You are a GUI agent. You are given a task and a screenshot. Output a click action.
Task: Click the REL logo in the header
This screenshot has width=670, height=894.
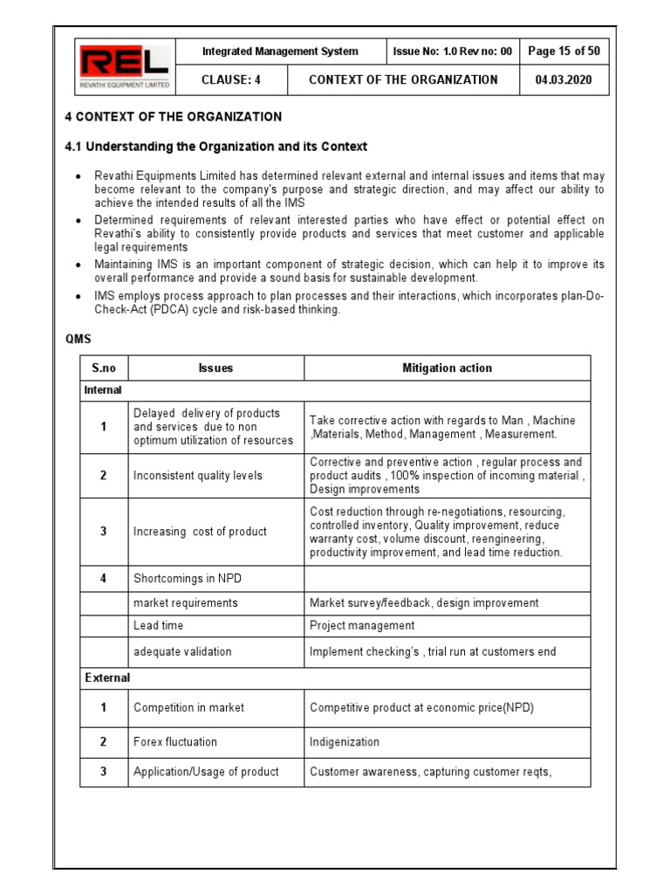coord(126,66)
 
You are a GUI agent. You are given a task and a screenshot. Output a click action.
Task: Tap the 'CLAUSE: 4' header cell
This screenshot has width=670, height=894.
coord(231,79)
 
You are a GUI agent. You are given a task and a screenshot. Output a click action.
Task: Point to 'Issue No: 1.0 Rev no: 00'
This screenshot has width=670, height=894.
coord(453,52)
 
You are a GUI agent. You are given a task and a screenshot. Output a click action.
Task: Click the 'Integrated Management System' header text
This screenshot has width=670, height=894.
coord(280,52)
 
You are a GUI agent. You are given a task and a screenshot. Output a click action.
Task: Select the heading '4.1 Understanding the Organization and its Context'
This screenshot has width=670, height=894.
coord(217,147)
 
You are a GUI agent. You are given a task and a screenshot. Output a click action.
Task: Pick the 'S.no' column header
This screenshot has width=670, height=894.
coord(104,368)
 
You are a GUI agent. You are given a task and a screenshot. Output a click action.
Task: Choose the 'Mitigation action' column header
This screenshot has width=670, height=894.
coord(447,368)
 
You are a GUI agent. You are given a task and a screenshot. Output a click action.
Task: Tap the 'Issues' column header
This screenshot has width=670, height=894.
coord(215,368)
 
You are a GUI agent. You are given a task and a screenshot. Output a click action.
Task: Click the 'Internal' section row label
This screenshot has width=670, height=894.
coord(103,390)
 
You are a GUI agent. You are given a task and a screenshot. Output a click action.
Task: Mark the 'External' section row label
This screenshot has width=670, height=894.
coord(107,677)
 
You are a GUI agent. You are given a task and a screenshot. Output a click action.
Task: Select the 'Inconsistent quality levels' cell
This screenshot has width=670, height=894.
coord(197,476)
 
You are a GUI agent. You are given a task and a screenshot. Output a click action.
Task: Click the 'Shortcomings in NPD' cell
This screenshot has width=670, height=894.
coord(188,578)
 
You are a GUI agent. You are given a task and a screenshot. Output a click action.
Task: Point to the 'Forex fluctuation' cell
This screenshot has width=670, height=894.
coord(175,742)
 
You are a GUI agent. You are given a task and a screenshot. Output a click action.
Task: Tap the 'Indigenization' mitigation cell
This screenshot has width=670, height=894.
coord(345,742)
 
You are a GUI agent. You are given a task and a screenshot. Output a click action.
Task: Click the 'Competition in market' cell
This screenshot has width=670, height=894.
coord(188,707)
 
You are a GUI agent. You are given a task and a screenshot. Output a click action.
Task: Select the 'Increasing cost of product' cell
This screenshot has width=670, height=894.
coord(200,532)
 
